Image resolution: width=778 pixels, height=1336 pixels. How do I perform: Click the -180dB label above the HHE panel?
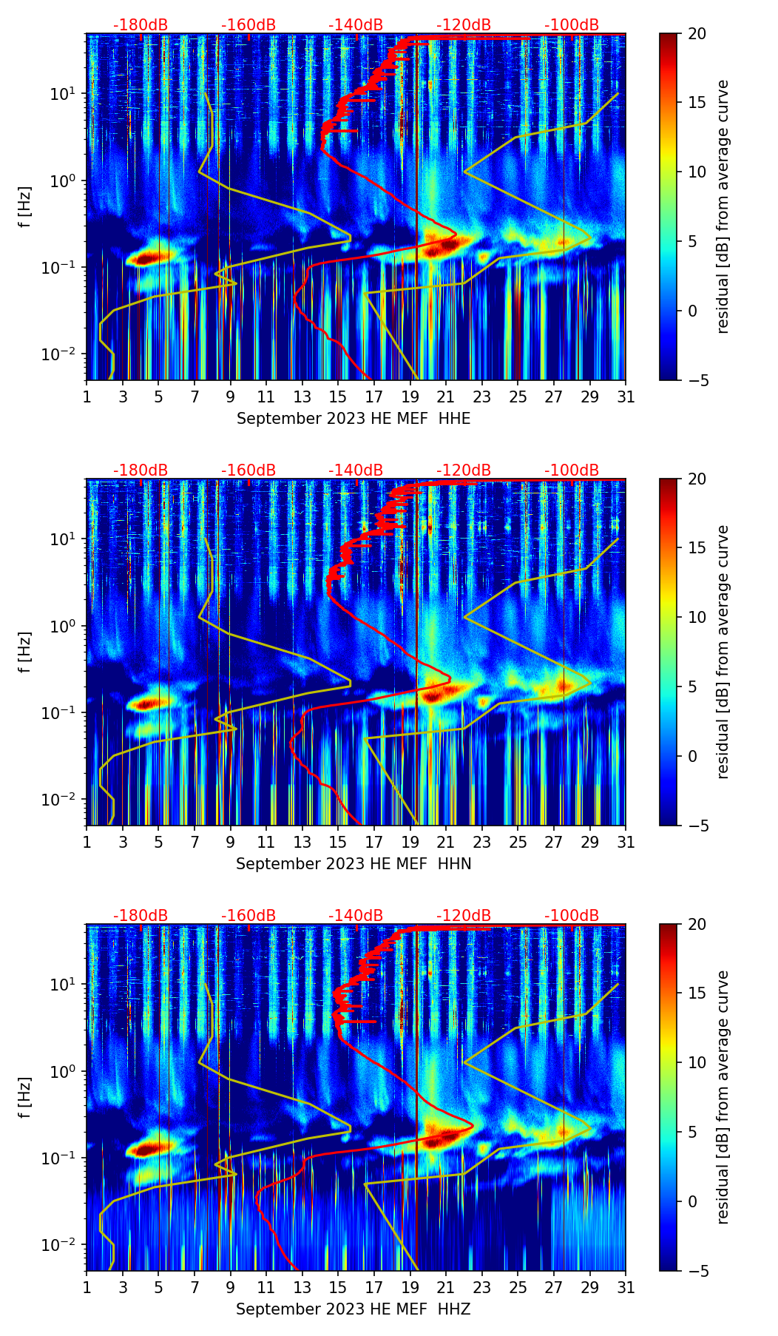pos(141,25)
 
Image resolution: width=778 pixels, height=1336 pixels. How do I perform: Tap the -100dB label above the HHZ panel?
pos(572,916)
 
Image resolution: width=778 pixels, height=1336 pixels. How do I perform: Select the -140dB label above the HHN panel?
pos(356,470)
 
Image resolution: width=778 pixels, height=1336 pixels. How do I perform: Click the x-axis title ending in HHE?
pos(354,419)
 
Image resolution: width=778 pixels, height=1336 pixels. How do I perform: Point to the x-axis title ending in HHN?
pos(354,864)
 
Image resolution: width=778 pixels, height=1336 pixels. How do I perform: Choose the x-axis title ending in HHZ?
pos(354,1309)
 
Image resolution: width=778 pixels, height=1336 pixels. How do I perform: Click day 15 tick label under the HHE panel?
pos(337,397)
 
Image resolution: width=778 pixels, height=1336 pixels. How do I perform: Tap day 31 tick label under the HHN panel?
pos(626,843)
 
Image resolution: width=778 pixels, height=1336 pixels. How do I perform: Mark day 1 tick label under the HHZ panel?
pos(87,1288)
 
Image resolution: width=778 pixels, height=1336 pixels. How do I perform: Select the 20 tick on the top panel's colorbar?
pos(697,33)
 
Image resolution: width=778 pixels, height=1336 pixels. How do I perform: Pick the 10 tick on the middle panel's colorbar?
pos(697,617)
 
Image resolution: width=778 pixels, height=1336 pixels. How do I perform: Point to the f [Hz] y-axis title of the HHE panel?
pos(25,206)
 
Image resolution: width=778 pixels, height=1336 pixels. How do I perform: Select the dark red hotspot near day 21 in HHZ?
pos(442,1137)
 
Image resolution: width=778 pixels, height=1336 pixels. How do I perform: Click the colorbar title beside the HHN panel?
pos(723,652)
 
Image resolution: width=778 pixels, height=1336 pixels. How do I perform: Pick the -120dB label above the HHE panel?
pos(464,25)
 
